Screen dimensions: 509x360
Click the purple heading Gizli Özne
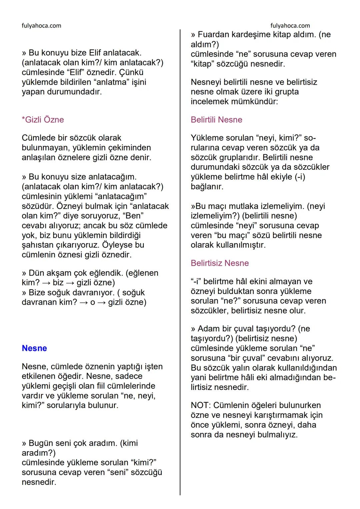pos(43,120)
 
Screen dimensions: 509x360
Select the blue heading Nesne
pos(34,348)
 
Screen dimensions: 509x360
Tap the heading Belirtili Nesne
pos(216,120)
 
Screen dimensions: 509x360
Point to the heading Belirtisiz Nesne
pos(220,263)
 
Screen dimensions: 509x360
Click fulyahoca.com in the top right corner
pos(290,26)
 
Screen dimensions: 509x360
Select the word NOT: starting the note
pos(201,405)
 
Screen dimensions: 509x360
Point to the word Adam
pos(209,329)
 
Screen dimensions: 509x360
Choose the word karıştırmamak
pos(275,415)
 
